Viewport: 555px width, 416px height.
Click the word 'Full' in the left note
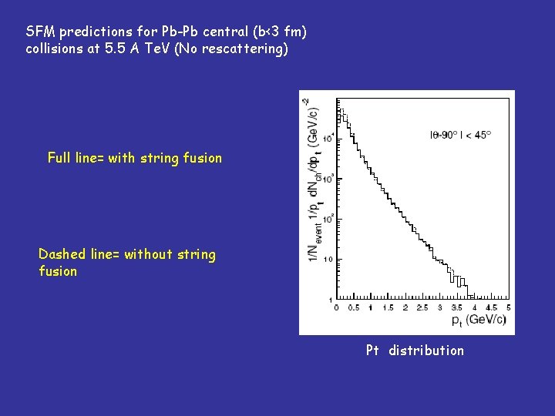click(x=60, y=158)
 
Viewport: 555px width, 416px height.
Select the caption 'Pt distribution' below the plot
click(x=415, y=351)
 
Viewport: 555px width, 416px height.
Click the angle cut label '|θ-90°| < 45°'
click(x=460, y=134)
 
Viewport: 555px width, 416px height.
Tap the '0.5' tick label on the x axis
click(x=353, y=308)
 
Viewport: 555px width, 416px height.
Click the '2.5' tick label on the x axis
click(x=423, y=308)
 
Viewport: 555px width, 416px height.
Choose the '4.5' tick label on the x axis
click(x=493, y=308)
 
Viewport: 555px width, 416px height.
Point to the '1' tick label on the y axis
click(x=330, y=299)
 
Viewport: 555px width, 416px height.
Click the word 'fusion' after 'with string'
click(x=203, y=158)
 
